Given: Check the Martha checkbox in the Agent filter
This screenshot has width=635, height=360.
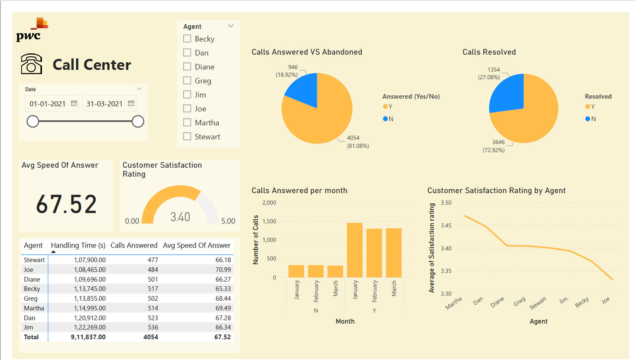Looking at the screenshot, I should click(187, 122).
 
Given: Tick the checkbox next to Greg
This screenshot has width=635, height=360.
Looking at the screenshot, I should click(187, 80).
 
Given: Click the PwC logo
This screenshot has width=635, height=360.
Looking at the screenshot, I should click(32, 30).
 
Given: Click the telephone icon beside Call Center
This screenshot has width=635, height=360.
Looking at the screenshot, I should click(31, 64).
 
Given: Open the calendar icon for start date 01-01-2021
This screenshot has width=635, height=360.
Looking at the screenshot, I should click(74, 103).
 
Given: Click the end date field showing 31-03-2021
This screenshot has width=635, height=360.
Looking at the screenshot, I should click(104, 104).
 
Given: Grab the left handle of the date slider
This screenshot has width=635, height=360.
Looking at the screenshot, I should click(33, 122).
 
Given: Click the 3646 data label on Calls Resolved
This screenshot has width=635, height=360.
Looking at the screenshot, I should click(498, 142).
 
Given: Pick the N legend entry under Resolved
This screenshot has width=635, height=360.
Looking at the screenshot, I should click(591, 119).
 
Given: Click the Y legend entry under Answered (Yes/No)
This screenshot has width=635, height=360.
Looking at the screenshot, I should click(388, 106).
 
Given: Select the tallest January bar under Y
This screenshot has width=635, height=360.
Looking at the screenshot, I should click(355, 250).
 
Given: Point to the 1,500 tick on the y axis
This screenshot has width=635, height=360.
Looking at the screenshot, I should click(269, 221).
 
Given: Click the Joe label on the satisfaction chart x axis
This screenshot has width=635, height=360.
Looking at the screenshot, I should click(605, 300).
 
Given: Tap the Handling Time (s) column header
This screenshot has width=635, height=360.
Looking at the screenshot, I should click(78, 245).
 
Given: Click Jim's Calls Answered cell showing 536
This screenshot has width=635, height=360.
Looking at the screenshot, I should click(153, 327).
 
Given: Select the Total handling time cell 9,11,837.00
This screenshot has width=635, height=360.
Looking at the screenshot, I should click(88, 337).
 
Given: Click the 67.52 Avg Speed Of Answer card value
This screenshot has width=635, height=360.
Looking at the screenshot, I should click(67, 204).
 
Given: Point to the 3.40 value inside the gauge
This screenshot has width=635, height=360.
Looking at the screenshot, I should click(180, 217).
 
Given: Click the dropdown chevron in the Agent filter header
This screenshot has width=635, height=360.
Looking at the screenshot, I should click(231, 26).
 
